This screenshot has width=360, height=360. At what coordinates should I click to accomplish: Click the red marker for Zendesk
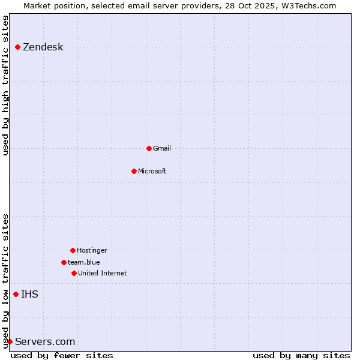18,47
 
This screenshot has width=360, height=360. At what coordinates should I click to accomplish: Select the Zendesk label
43,47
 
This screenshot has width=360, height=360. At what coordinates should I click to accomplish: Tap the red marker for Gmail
149,148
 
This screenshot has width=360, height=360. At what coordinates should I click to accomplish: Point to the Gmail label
162,148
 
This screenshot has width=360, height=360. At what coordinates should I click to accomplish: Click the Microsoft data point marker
134,171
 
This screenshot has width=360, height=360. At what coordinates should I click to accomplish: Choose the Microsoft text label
152,171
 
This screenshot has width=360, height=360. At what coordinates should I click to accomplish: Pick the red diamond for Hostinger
73,250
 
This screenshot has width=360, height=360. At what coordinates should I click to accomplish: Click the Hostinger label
92,250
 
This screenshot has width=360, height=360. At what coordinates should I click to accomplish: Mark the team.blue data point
64,262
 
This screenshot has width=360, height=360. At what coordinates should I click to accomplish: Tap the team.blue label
84,262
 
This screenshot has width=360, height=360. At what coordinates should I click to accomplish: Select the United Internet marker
74,273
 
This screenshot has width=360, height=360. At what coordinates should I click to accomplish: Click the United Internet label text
103,273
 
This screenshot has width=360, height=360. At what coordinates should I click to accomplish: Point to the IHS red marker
16,294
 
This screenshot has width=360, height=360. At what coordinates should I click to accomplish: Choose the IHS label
30,294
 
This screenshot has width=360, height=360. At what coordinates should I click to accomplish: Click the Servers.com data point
10,341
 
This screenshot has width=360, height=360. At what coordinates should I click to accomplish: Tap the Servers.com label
45,342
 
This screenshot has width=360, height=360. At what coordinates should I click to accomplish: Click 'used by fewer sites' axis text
62,355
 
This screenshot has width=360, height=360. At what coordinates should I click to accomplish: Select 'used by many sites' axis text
301,355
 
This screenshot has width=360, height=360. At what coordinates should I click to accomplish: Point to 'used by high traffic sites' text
5,85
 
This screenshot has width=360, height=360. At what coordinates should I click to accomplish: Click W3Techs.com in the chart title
310,5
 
